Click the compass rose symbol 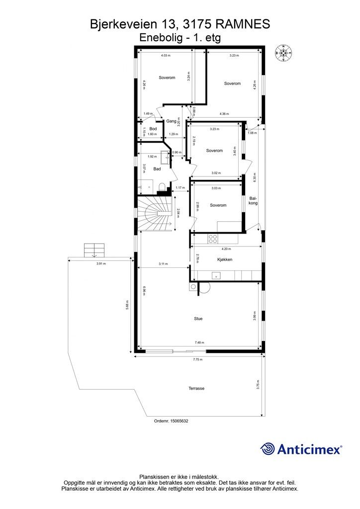(283, 53)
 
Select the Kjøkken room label (225, 259)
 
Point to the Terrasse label (196, 388)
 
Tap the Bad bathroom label (157, 169)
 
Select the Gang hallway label (172, 121)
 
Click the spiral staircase (154, 213)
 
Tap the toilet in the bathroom (161, 187)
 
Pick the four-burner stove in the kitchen (213, 239)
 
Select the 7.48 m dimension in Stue (199, 342)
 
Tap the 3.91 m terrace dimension (101, 264)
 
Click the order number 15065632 (171, 421)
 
